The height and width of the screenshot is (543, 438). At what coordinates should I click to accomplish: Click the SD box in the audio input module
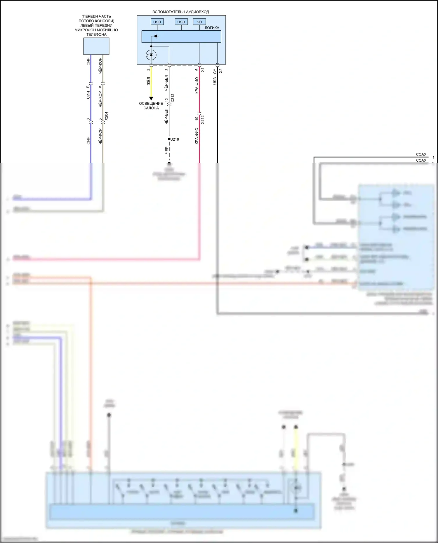tap(199, 22)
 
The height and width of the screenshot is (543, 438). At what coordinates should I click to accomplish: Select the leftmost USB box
tap(157, 22)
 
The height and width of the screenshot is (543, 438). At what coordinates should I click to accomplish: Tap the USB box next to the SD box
tap(181, 22)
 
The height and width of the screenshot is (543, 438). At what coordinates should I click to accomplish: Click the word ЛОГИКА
tap(212, 28)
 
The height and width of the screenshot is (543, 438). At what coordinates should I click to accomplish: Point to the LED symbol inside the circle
tap(151, 55)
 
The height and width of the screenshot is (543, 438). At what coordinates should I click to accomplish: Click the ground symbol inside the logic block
tap(157, 36)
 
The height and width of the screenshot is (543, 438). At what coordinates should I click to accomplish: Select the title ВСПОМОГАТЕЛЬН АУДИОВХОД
tap(181, 12)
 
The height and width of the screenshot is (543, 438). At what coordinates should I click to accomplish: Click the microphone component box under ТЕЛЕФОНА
tap(96, 46)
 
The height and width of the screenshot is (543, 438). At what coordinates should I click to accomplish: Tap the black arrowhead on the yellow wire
tap(151, 99)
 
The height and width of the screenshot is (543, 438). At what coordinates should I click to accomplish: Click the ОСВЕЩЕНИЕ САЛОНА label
tap(151, 106)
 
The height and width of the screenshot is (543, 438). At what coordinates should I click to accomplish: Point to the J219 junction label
tap(175, 139)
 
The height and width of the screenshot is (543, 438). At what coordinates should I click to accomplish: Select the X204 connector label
tap(106, 116)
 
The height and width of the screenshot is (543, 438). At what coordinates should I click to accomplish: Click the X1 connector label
tap(203, 70)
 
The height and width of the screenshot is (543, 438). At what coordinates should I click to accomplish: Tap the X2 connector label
tap(221, 71)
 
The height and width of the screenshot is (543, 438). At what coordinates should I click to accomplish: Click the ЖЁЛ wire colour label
tap(148, 81)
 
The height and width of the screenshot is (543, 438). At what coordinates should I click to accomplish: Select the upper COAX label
tap(421, 154)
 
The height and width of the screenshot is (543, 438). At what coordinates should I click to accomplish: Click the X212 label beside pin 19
tap(203, 120)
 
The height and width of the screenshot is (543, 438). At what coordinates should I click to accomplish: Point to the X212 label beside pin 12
tap(173, 98)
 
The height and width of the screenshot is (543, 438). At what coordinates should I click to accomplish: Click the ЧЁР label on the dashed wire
tap(166, 150)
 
